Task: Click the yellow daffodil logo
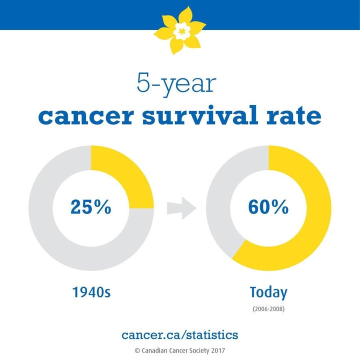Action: [x=180, y=30]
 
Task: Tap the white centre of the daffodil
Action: [x=182, y=31]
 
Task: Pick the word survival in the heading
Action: [x=200, y=115]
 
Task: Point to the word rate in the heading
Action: [x=294, y=115]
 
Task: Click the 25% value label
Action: [x=91, y=207]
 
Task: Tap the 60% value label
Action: [x=268, y=207]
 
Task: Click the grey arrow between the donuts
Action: [x=181, y=208]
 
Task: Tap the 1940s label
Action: [x=91, y=292]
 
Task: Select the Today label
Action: [x=268, y=292]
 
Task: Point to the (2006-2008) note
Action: [x=268, y=309]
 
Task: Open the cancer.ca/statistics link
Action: [x=180, y=334]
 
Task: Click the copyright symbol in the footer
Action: [x=137, y=350]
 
